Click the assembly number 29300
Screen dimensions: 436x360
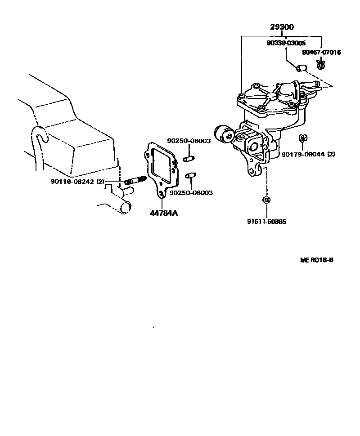[x=282, y=27]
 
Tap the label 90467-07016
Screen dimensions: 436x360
[x=321, y=52]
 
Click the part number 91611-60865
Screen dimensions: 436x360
[x=266, y=222]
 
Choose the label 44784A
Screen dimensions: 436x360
[x=164, y=213]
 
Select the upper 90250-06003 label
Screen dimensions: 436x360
[x=189, y=141]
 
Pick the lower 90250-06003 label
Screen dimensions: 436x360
[x=191, y=192]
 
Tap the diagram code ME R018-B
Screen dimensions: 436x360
[x=317, y=260]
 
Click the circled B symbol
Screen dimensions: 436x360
[x=266, y=200]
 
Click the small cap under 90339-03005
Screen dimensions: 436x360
[x=301, y=68]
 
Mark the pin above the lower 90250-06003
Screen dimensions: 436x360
[x=191, y=175]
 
